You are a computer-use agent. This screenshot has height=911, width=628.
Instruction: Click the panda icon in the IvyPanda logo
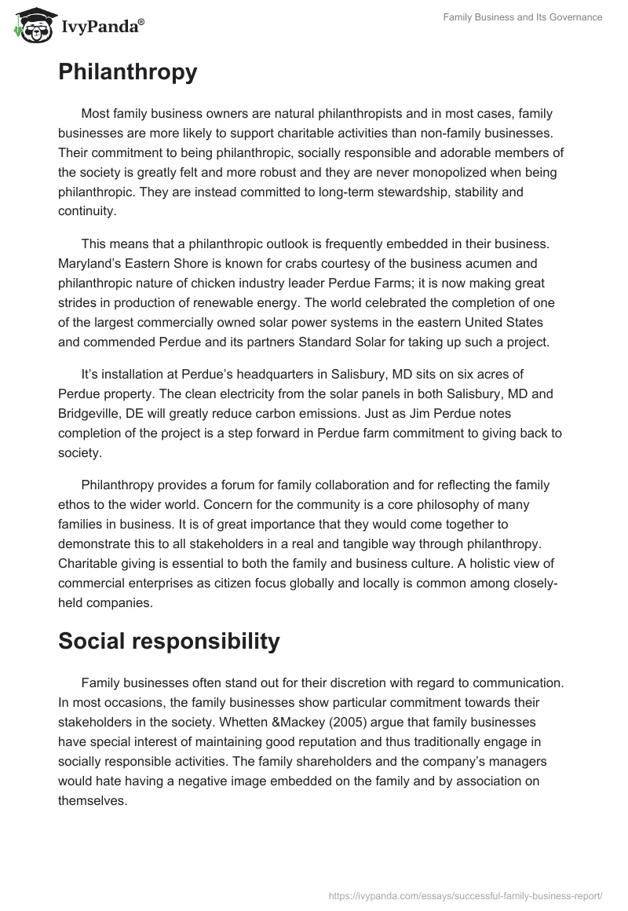click(x=30, y=27)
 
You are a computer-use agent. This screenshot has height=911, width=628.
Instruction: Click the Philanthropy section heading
click(x=127, y=72)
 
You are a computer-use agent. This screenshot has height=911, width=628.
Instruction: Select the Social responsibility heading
click(x=169, y=641)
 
